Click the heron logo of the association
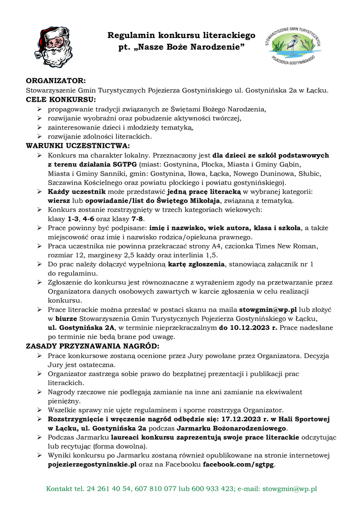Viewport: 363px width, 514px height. tap(293, 45)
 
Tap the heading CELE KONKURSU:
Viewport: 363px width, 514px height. tap(60, 99)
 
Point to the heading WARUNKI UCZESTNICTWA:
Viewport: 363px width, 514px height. tap(77, 146)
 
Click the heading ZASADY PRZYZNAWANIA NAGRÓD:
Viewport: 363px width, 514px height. tap(92, 346)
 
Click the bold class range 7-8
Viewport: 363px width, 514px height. tap(137, 218)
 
